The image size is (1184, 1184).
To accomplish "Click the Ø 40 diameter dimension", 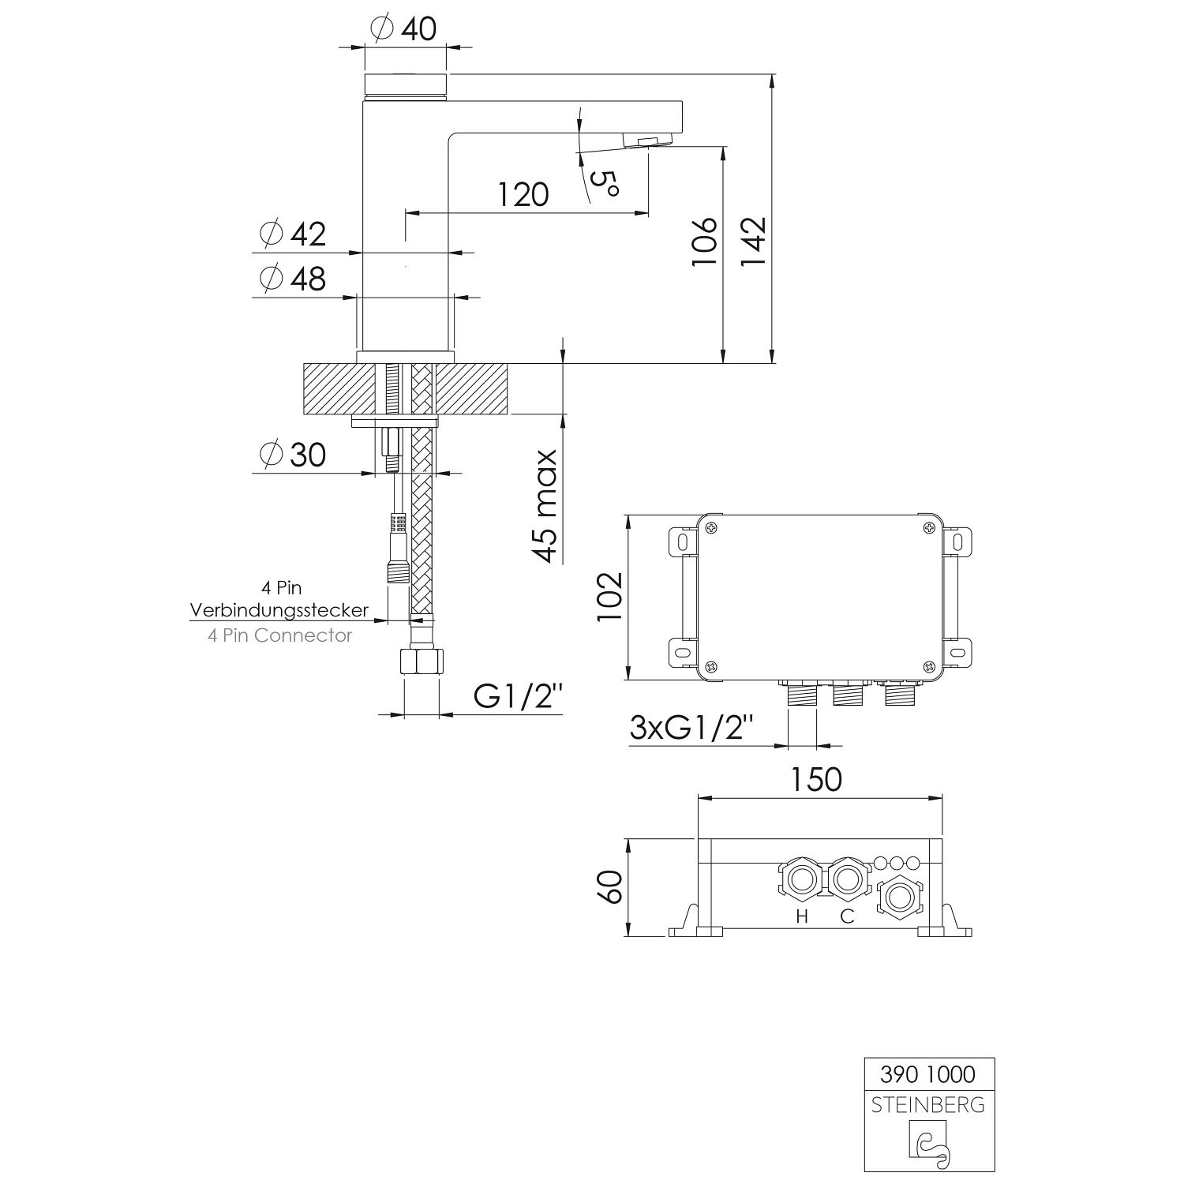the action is (x=403, y=28).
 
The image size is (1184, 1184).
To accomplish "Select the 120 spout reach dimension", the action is (x=523, y=193).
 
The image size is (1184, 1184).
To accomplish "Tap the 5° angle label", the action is (x=604, y=183).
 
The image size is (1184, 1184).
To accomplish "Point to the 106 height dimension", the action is (x=704, y=241).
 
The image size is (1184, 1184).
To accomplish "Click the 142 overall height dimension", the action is (x=753, y=241).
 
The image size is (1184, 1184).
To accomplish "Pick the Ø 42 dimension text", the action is (x=292, y=234).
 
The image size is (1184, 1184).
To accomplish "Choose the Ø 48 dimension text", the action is (x=292, y=278).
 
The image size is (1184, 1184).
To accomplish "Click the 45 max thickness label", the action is (x=545, y=506).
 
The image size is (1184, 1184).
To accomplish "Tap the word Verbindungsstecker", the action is (x=279, y=610).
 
